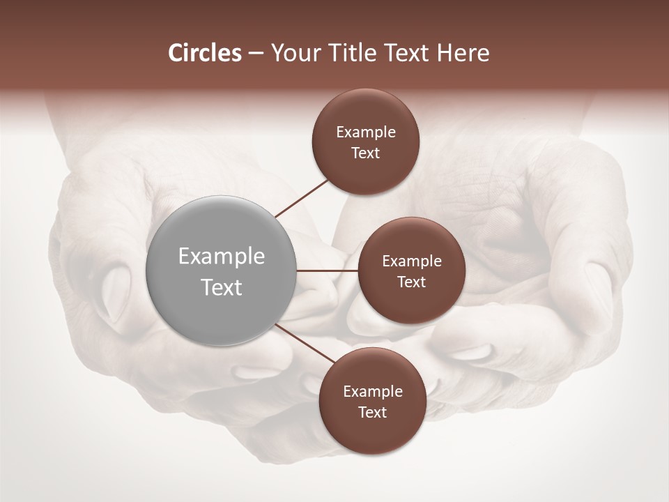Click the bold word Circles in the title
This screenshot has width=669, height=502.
pos(205,53)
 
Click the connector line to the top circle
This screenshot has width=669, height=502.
pos(303,197)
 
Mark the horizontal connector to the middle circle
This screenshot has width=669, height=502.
pos(328,271)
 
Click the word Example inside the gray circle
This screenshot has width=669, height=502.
pos(222,257)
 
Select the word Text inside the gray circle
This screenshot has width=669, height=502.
pos(222,287)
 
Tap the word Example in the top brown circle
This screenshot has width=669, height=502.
pos(366,132)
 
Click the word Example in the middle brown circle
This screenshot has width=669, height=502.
pos(412,261)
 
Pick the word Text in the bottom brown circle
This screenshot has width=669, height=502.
pos(372,412)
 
